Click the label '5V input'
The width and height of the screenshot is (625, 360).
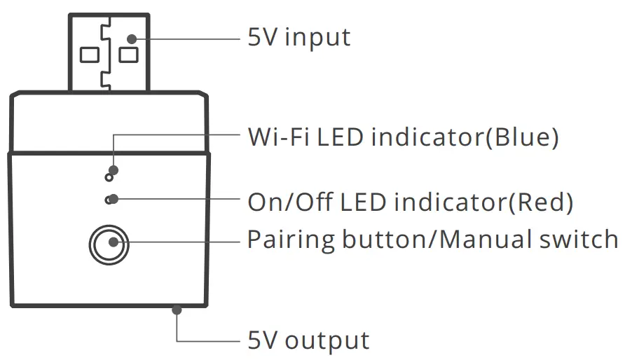pos(299,37)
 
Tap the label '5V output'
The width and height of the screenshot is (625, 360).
pos(308,341)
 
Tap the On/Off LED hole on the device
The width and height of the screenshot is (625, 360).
pos(109,200)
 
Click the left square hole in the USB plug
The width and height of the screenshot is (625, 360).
pos(89,55)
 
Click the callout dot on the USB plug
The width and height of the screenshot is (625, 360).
pos(131,38)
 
